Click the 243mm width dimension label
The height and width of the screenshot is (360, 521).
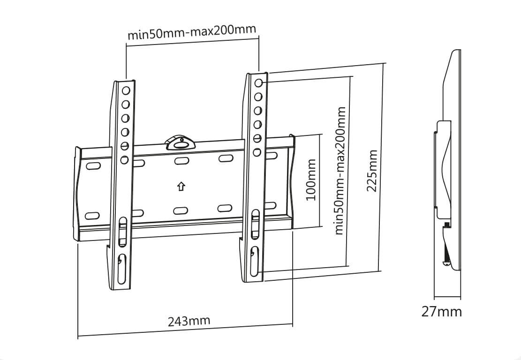pyautogui.click(x=189, y=321)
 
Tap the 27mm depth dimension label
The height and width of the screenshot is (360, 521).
pyautogui.click(x=442, y=312)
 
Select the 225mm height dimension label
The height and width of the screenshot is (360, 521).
pyautogui.click(x=372, y=171)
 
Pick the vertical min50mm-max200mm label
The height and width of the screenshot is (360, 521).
pyautogui.click(x=340, y=171)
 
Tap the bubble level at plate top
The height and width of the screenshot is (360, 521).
pyautogui.click(x=181, y=142)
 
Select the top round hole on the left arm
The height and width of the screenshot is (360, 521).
pyautogui.click(x=126, y=90)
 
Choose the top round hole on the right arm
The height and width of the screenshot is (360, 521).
pyautogui.click(x=259, y=83)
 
